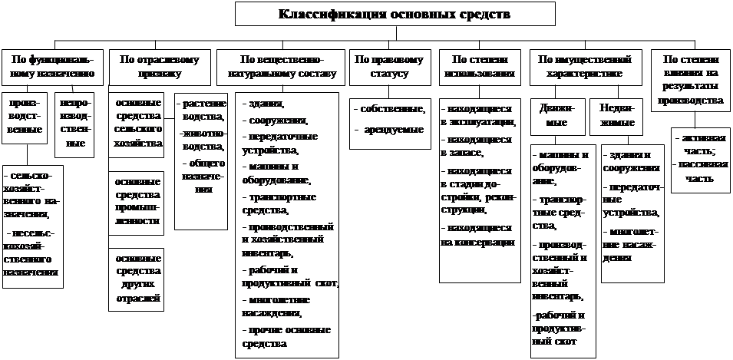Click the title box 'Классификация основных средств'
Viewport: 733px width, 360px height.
pyautogui.click(x=395, y=15)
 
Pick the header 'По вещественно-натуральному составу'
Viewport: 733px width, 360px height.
pyautogui.click(x=282, y=66)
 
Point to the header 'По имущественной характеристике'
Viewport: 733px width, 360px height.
pyautogui.click(x=585, y=66)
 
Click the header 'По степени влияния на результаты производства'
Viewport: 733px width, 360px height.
pyautogui.click(x=691, y=79)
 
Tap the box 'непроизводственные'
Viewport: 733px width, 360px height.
pyautogui.click(x=74, y=122)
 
